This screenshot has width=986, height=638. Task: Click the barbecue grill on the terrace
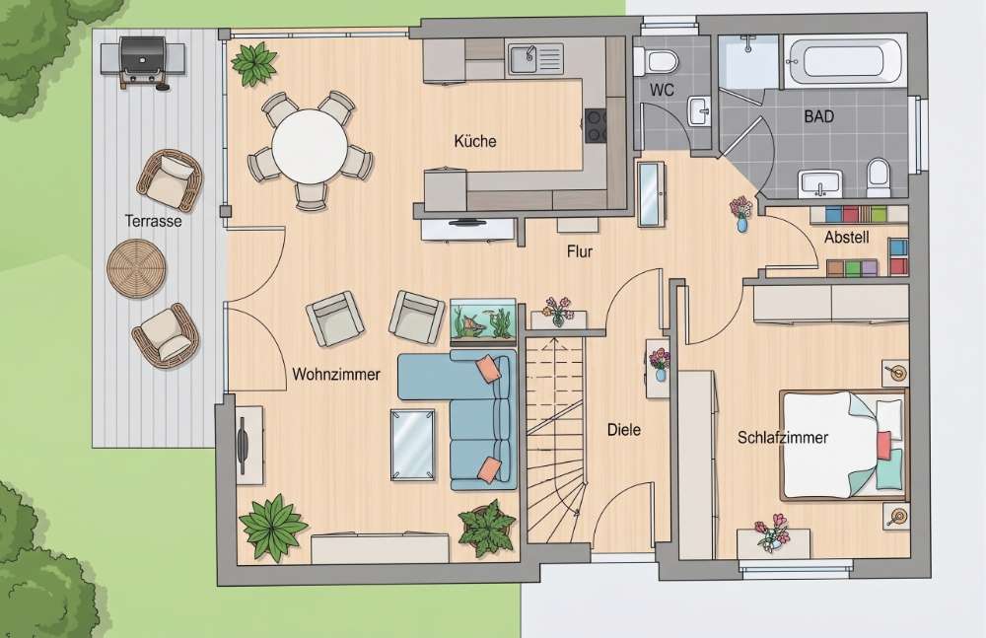(x=143, y=61)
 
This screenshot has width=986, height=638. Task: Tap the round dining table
(x=309, y=147)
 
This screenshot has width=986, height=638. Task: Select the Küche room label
(x=475, y=141)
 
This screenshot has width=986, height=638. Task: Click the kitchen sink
(x=535, y=58)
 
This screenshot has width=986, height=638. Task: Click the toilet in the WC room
(x=658, y=62)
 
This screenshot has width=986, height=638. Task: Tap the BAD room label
(x=818, y=116)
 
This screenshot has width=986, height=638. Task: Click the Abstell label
(x=846, y=238)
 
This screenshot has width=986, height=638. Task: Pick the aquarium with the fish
(x=482, y=321)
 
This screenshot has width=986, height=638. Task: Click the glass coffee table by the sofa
(x=412, y=444)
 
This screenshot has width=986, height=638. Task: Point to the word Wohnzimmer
(x=336, y=375)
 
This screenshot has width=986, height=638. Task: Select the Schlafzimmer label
(x=782, y=437)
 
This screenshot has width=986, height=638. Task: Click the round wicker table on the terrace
(x=136, y=268)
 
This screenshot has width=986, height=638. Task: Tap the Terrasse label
(x=153, y=221)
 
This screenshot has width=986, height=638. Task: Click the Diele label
(x=624, y=430)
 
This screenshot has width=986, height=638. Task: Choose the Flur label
(x=579, y=251)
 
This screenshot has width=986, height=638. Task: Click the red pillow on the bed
(x=883, y=445)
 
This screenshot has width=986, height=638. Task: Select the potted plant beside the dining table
(x=254, y=63)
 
